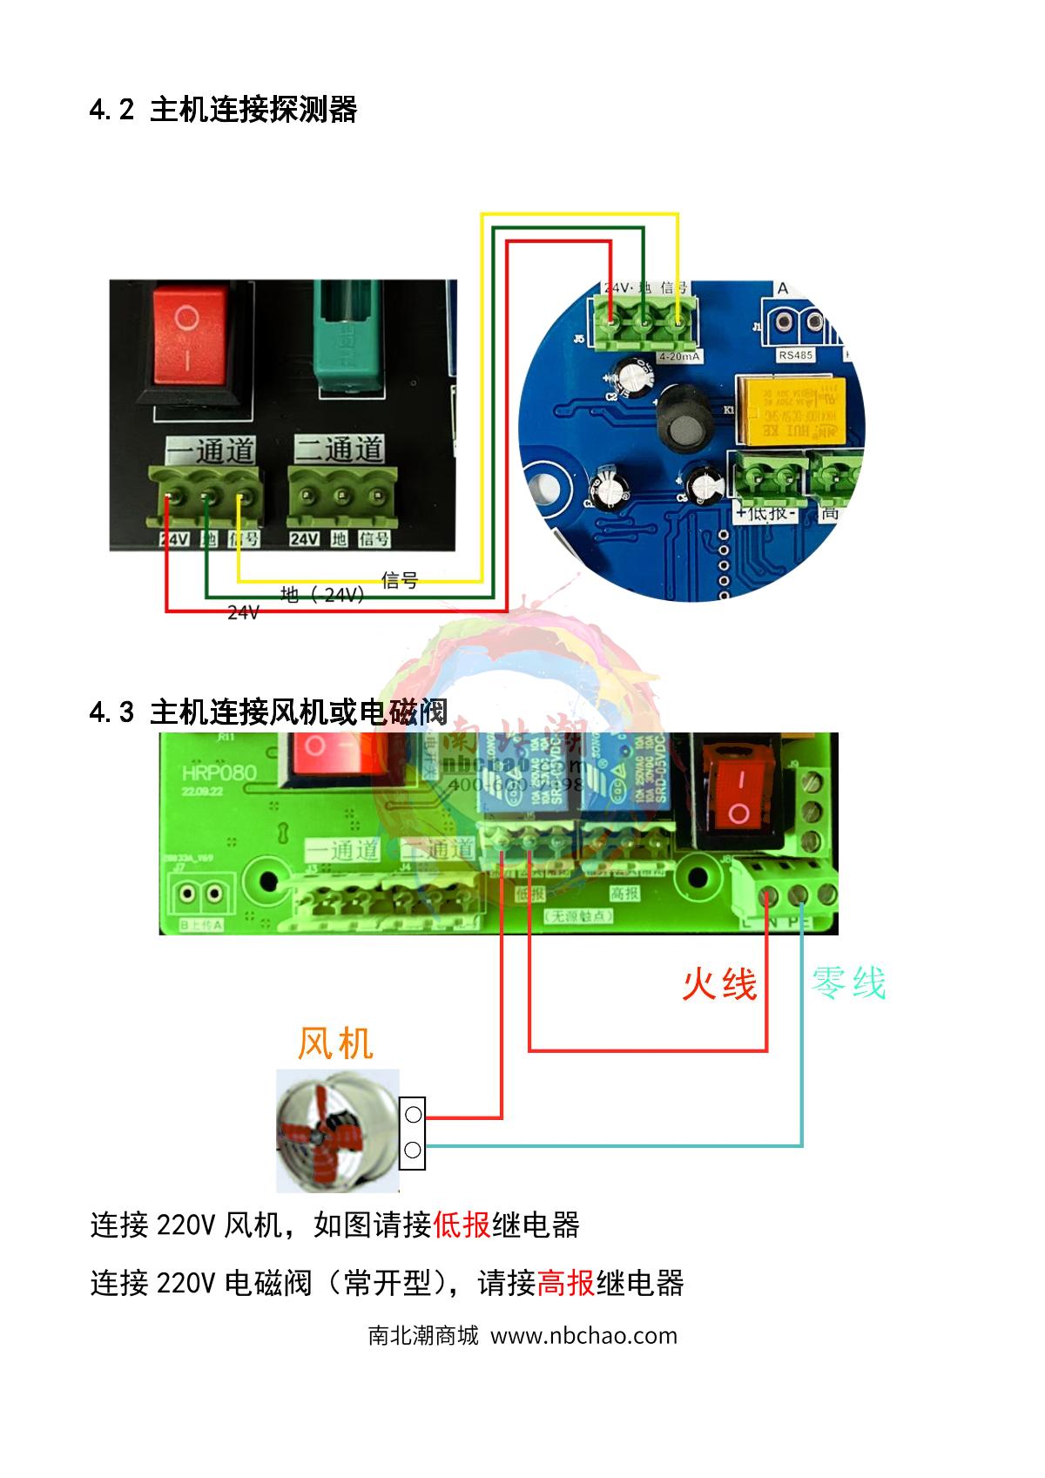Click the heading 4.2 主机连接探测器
(x=223, y=110)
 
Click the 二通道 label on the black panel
(x=340, y=449)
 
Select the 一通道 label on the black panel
(x=212, y=450)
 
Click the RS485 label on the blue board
(x=796, y=355)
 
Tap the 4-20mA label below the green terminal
(x=679, y=357)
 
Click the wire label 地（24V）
(x=322, y=595)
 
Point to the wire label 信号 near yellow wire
(x=400, y=580)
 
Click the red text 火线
(x=719, y=984)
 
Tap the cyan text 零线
(x=848, y=983)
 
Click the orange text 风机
(x=335, y=1043)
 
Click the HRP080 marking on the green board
(x=219, y=773)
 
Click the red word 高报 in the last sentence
(x=566, y=1283)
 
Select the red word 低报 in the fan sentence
(x=462, y=1225)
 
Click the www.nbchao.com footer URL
(x=583, y=1336)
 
